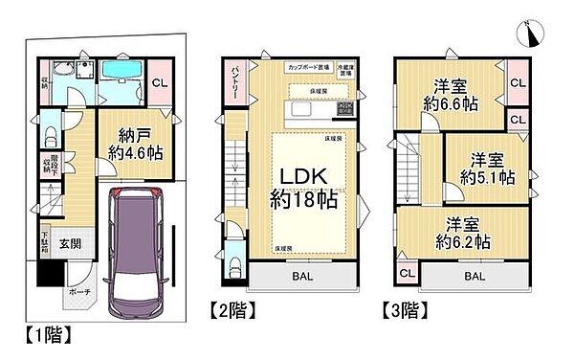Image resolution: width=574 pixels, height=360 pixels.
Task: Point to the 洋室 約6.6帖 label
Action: pos(452,94)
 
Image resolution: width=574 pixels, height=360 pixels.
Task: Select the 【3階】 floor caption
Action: pos(409,310)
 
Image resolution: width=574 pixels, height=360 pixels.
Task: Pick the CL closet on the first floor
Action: pos(163,82)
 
